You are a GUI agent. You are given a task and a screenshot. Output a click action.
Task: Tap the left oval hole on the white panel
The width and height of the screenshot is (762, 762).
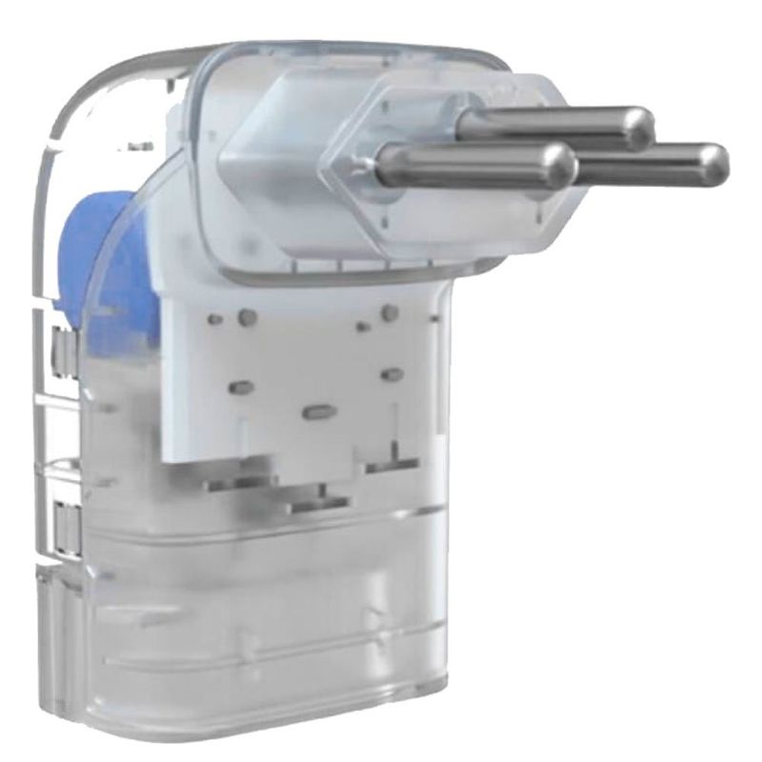pyautogui.click(x=242, y=387)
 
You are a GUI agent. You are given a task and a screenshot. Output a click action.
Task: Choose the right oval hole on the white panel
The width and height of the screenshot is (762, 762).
pyautogui.click(x=391, y=374)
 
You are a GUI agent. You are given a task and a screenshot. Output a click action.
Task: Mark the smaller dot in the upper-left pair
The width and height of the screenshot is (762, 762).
pyautogui.click(x=216, y=319)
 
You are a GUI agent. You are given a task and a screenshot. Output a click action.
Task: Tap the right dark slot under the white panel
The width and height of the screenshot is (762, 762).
pyautogui.click(x=391, y=464)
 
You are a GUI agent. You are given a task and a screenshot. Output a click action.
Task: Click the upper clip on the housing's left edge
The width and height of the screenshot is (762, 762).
pyautogui.click(x=59, y=349)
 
